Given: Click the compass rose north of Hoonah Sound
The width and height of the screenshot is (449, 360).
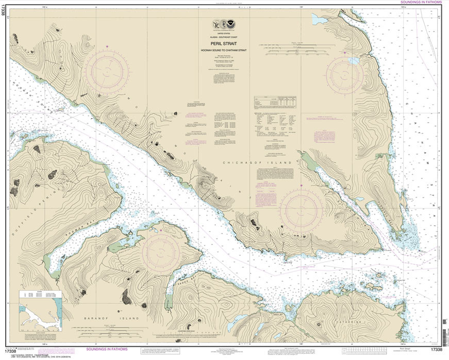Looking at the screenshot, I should click(x=107, y=71).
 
